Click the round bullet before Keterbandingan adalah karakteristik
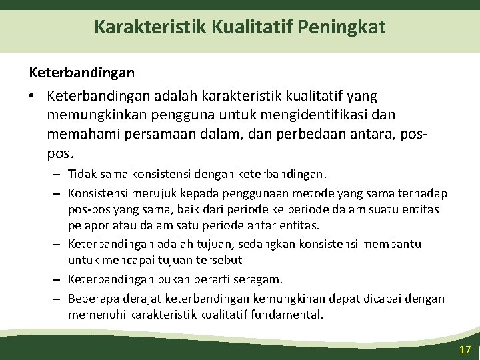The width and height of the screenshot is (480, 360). point(32,97)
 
